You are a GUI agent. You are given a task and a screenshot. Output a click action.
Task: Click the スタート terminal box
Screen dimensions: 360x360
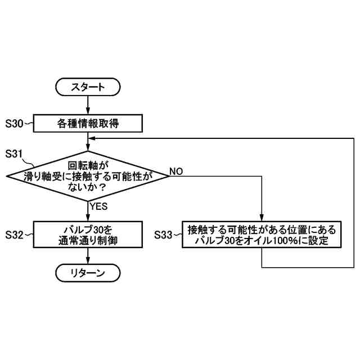[x=88, y=87]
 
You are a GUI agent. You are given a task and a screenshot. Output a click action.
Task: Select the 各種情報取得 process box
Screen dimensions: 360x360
[x=88, y=123]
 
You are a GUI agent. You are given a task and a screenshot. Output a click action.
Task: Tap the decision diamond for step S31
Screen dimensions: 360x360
[x=88, y=176]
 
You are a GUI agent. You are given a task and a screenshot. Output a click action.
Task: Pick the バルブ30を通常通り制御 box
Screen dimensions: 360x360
[x=88, y=235]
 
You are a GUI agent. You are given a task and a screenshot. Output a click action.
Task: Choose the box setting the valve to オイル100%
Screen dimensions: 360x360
[x=262, y=235]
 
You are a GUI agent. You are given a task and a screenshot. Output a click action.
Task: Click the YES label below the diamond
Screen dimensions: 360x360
[x=98, y=207]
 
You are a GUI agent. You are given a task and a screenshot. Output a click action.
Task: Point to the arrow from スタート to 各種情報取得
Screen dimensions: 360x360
[x=88, y=105]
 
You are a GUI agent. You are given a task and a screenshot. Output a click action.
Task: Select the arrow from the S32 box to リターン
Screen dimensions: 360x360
[x=88, y=256]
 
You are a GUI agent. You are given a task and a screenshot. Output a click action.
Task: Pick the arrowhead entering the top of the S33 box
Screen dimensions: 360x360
[x=262, y=218]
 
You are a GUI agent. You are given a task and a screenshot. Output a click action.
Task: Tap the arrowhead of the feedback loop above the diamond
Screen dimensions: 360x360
[x=92, y=140]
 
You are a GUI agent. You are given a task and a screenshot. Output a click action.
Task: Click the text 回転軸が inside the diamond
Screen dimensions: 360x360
[x=87, y=166]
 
